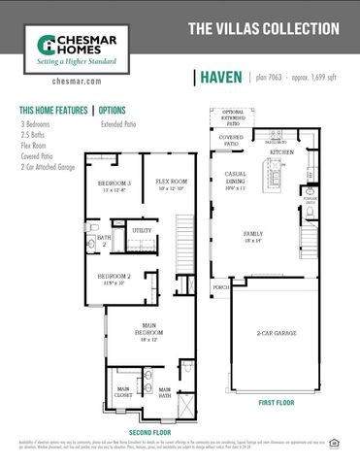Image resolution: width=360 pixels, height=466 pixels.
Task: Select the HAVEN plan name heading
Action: [x=222, y=78]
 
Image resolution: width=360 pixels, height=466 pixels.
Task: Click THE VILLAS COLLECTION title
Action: [x=262, y=30]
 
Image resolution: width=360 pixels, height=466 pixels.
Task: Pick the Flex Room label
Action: [x=171, y=183]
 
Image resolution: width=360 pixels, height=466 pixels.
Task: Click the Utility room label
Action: [x=142, y=230]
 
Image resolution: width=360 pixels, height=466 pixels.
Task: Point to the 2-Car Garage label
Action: [x=278, y=334]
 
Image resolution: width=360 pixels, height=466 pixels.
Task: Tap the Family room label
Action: [x=252, y=236]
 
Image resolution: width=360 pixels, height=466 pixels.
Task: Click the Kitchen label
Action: [x=281, y=152]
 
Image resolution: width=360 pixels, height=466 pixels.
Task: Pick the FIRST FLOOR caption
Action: [x=277, y=401]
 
